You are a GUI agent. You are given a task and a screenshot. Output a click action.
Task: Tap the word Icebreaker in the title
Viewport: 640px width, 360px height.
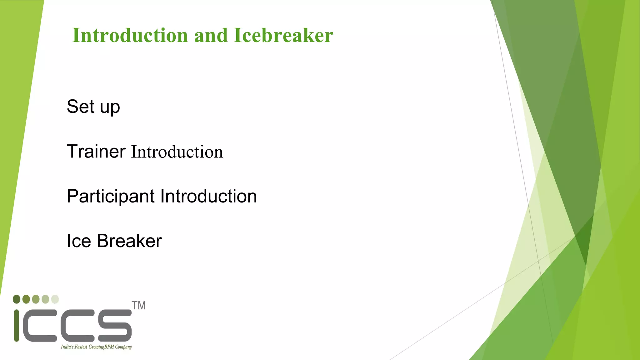click(x=283, y=35)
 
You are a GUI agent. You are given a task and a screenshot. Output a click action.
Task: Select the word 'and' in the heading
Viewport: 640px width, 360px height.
click(x=211, y=35)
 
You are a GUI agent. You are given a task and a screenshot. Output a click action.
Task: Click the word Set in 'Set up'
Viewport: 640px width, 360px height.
click(x=80, y=107)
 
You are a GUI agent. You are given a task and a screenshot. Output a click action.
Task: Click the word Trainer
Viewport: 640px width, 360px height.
click(x=96, y=152)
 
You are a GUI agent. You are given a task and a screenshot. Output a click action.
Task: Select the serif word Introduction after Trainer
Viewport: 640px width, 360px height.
click(x=177, y=152)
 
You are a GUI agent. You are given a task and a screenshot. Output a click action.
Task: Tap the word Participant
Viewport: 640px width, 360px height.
click(x=110, y=197)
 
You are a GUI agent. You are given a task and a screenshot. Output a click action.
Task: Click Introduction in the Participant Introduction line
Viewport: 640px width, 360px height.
click(x=208, y=196)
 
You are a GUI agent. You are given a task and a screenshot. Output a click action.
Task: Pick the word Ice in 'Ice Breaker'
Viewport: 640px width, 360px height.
click(x=79, y=241)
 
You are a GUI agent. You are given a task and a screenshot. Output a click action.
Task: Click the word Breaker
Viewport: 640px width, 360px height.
click(x=129, y=241)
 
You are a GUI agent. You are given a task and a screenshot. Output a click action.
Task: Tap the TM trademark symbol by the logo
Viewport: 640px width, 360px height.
click(x=138, y=305)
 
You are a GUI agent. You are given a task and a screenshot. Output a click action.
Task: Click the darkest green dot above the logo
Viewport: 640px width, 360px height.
click(x=17, y=299)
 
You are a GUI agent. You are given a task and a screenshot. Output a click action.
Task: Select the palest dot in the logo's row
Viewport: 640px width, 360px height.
click(x=55, y=299)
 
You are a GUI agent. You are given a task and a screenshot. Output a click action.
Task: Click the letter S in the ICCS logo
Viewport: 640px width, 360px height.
click(x=115, y=326)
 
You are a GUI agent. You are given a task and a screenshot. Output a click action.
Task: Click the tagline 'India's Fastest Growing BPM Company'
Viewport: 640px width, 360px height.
click(x=96, y=347)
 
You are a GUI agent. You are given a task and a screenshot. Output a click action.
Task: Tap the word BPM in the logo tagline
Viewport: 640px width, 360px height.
click(x=109, y=347)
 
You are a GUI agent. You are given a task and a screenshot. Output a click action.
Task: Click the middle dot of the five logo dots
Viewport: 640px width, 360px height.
click(x=36, y=299)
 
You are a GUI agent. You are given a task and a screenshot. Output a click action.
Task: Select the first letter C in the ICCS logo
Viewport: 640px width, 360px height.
click(x=40, y=326)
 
